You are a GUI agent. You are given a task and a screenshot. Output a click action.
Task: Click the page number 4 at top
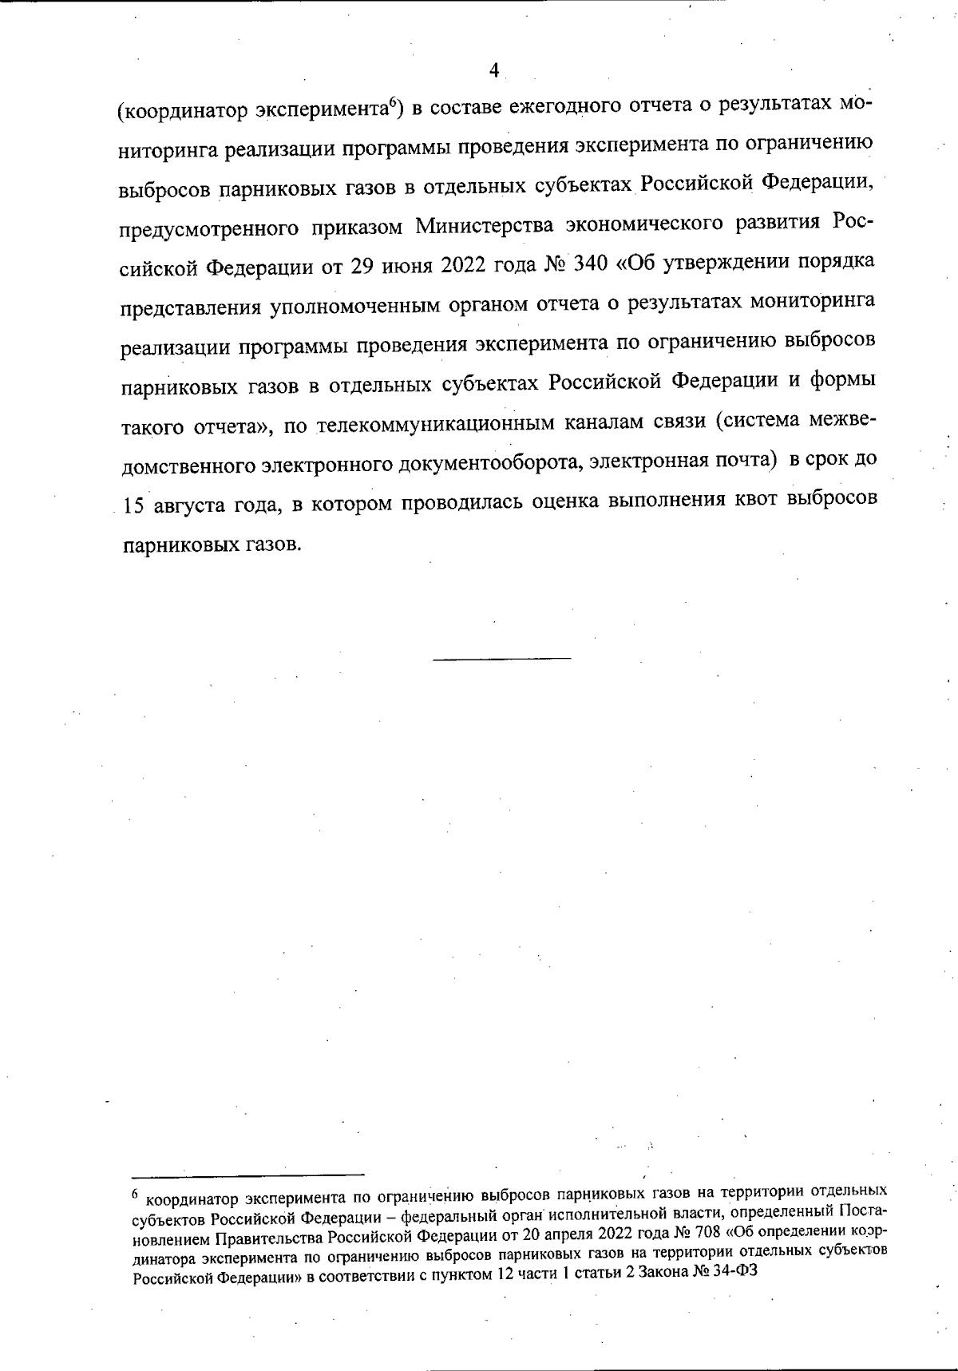tap(493, 71)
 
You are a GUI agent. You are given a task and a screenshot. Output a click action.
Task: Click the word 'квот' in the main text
tap(747, 501)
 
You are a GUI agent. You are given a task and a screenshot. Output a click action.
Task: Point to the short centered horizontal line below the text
tap(502, 658)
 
